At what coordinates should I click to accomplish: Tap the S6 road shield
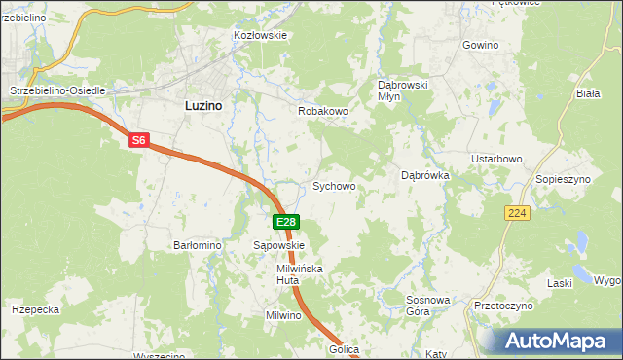pyautogui.click(x=138, y=141)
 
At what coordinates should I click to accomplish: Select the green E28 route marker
pyautogui.click(x=285, y=222)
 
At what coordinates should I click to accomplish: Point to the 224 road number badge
pyautogui.click(x=517, y=211)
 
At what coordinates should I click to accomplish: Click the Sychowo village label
pyautogui.click(x=333, y=185)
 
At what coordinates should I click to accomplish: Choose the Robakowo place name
pyautogui.click(x=323, y=111)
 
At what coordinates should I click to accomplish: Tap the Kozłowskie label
pyautogui.click(x=260, y=35)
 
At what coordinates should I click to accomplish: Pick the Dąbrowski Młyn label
pyautogui.click(x=403, y=90)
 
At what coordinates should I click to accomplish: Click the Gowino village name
pyautogui.click(x=480, y=46)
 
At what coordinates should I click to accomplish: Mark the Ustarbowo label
pyautogui.click(x=497, y=159)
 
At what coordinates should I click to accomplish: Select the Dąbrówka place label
pyautogui.click(x=424, y=176)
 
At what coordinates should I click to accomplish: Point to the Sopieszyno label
pyautogui.click(x=564, y=181)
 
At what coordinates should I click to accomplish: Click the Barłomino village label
pyautogui.click(x=198, y=246)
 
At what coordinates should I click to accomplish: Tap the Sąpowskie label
pyautogui.click(x=279, y=246)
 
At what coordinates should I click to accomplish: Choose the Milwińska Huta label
pyautogui.click(x=299, y=273)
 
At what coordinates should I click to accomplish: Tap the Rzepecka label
pyautogui.click(x=37, y=309)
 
